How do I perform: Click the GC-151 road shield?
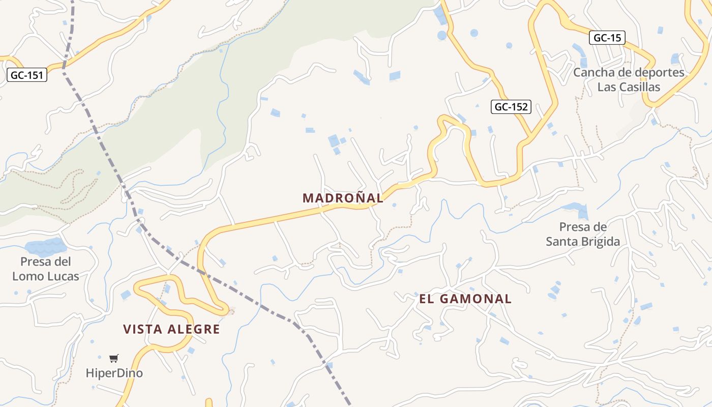click(x=27, y=75)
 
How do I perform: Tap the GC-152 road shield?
click(x=511, y=107)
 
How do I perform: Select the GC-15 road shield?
click(x=607, y=38)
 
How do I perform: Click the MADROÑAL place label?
click(x=343, y=198)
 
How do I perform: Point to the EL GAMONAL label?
click(x=465, y=299)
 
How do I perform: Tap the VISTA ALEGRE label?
click(x=171, y=329)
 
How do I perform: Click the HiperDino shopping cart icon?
click(x=114, y=359)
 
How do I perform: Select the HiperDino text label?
click(x=114, y=373)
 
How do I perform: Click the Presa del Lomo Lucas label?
click(x=46, y=269)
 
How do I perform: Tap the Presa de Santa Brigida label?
click(x=583, y=234)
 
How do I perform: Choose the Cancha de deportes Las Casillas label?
click(x=629, y=79)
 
